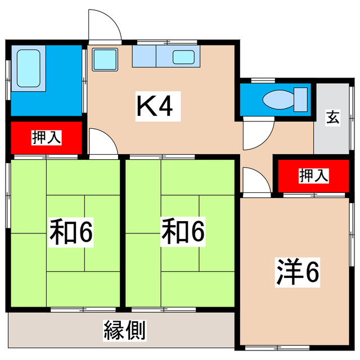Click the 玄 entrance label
[x=333, y=118]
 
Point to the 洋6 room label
[x=298, y=272]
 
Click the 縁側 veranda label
[x=125, y=330]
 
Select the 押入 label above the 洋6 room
[x=313, y=175]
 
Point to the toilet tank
[x=301, y=100]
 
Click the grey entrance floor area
[x=332, y=135]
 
